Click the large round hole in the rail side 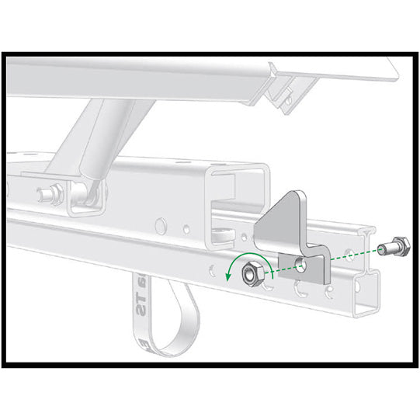pyautogui.click(x=161, y=226)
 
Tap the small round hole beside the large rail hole pyautogui.click(x=186, y=229)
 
